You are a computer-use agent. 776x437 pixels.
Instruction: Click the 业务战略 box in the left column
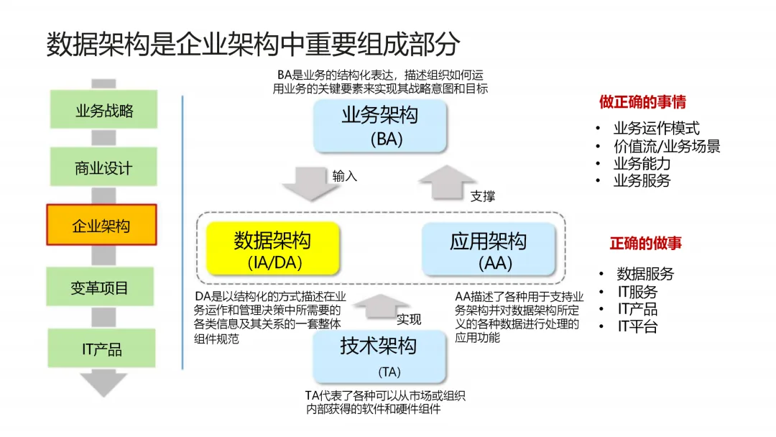point(104,111)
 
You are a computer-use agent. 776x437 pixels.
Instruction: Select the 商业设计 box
point(104,168)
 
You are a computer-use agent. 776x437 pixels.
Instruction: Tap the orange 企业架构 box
point(101,226)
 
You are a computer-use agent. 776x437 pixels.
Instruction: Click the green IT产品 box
point(101,349)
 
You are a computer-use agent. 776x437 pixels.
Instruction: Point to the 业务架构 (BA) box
point(380,126)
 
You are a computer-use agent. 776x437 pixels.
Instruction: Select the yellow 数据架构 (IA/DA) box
point(272,249)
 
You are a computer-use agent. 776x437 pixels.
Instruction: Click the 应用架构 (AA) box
point(489,249)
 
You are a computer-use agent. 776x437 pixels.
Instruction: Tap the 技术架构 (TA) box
point(379,355)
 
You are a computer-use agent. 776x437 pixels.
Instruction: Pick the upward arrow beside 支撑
point(447,184)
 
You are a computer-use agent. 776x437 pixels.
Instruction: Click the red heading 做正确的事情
point(642,102)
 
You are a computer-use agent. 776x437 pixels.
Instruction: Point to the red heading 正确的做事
point(646,243)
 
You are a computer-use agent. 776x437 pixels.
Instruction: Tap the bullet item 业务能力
point(642,163)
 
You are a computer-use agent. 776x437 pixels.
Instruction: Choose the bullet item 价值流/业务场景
point(667,146)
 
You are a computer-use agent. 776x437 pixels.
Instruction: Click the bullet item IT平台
point(637,327)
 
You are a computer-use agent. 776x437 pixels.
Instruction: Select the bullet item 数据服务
point(645,274)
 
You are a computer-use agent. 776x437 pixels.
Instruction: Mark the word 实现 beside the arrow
point(409,319)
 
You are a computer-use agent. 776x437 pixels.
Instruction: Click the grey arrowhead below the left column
point(103,383)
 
